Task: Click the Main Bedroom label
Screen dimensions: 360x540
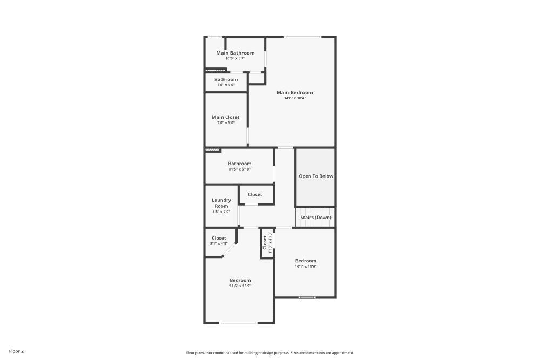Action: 294,92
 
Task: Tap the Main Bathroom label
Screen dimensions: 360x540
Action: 235,53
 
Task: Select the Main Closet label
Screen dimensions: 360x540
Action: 225,117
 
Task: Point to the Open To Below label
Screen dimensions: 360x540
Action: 316,176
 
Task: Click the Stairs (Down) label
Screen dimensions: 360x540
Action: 316,218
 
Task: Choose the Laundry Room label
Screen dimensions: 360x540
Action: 221,203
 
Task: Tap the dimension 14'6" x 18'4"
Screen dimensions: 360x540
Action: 294,98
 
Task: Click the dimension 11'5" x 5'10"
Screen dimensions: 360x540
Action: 239,169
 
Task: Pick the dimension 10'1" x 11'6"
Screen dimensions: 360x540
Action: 306,266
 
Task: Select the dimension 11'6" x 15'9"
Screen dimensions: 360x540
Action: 240,286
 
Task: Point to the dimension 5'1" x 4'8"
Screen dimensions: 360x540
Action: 219,243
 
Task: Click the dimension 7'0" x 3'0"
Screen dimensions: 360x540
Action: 226,85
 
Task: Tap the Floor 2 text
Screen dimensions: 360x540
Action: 16,351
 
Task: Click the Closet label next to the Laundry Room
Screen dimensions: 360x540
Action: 255,194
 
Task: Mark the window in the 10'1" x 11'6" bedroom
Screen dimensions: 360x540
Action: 307,297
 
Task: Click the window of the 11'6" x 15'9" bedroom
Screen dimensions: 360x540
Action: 238,323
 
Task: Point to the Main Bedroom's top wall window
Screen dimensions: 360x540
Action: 302,37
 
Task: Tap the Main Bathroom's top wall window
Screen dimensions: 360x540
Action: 214,37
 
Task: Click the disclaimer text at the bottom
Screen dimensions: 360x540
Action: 270,352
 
